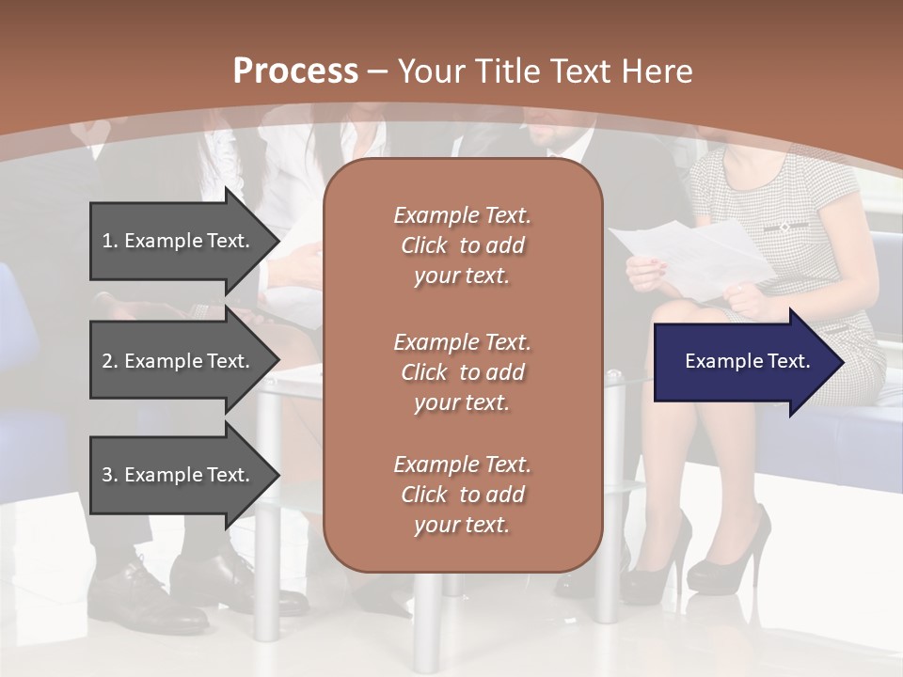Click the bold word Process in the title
coord(295,71)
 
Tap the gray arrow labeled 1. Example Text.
coord(179,241)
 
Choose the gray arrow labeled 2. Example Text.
coord(179,361)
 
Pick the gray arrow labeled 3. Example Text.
coord(179,475)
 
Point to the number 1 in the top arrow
coord(107,241)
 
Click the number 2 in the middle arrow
coord(107,361)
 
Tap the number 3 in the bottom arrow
coord(107,475)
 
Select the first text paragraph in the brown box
coord(462,245)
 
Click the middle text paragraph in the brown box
coord(462,372)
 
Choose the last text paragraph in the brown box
coord(462,495)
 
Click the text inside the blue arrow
coord(747,361)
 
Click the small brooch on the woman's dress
coord(784,227)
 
